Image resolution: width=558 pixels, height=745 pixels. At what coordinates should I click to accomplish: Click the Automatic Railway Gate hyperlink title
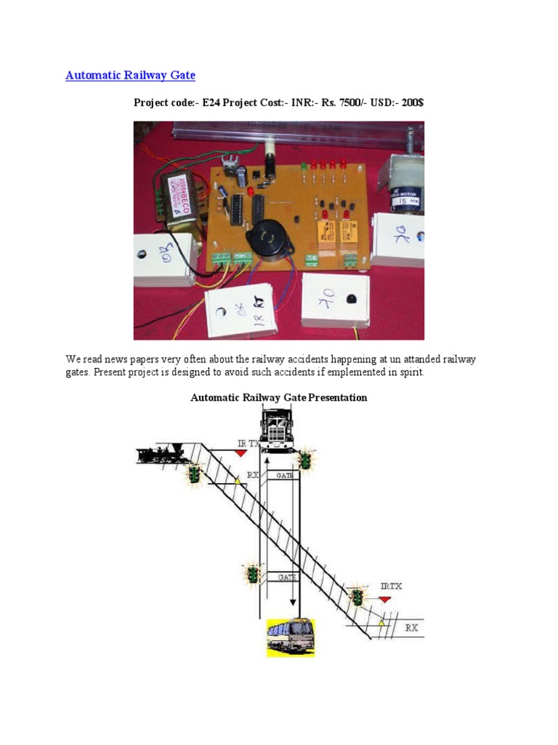tap(130, 75)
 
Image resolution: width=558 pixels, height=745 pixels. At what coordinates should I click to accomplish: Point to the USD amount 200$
tap(412, 103)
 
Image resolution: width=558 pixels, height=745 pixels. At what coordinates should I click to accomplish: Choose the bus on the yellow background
tap(291, 637)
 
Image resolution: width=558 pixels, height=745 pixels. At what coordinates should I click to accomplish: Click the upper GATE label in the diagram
tap(285, 475)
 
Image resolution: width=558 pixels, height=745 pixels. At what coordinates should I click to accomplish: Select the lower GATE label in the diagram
tap(285, 577)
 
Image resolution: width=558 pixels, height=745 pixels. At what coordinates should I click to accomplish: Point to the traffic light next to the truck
tap(307, 461)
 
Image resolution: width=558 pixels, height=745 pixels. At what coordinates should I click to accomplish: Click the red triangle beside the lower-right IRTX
tap(384, 599)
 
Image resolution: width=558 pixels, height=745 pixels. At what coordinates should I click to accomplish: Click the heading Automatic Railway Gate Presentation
tap(278, 397)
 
